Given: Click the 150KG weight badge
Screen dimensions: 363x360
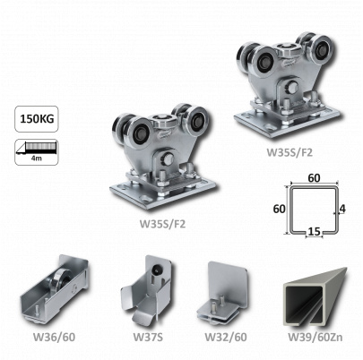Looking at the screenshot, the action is pyautogui.click(x=37, y=119).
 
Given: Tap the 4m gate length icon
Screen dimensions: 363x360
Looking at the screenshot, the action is pyautogui.click(x=37, y=151).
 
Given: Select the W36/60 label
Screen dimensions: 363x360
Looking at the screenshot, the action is pyautogui.click(x=54, y=337).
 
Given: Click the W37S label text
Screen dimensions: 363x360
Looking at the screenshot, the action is pyautogui.click(x=148, y=337).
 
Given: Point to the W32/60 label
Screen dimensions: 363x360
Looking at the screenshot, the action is pyautogui.click(x=226, y=337).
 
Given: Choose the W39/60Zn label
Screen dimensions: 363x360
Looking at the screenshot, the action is pyautogui.click(x=315, y=337).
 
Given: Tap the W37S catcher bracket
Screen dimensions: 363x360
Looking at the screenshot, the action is pyautogui.click(x=146, y=289).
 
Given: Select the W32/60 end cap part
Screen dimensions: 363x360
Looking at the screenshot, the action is pyautogui.click(x=223, y=293).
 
